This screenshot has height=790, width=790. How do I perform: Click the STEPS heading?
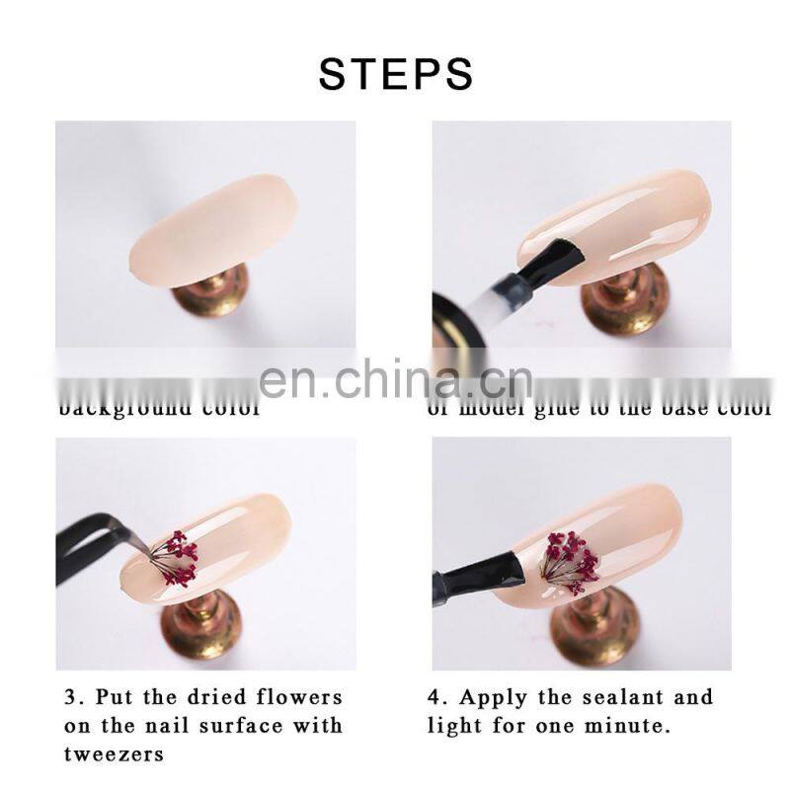(395, 74)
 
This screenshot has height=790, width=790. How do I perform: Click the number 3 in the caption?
(68, 697)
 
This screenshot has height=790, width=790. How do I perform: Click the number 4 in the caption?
(434, 697)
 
